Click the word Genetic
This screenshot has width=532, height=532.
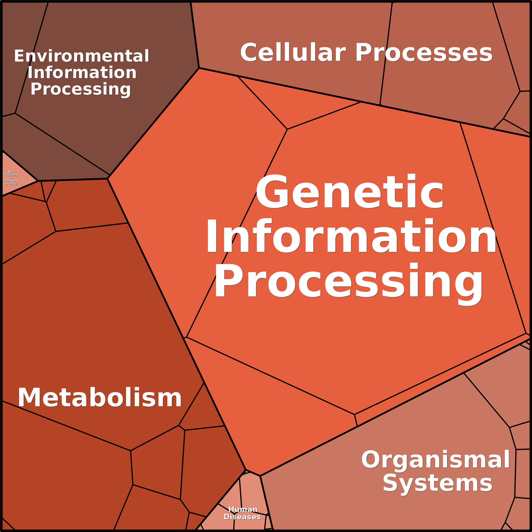point(350,191)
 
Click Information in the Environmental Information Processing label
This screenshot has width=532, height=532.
point(82,72)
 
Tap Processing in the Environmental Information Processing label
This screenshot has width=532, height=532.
point(81,90)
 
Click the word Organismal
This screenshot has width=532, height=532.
point(435,460)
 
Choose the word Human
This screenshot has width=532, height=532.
point(243,509)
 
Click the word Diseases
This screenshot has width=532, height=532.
point(242,517)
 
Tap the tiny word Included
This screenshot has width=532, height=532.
point(11,175)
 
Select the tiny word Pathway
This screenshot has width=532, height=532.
point(11,181)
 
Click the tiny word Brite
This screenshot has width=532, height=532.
point(13,184)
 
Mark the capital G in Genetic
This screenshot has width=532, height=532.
point(272,191)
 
